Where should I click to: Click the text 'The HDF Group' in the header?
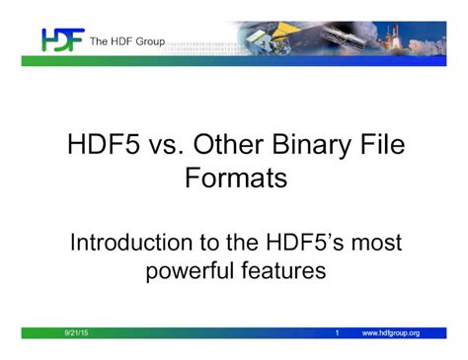coord(127,41)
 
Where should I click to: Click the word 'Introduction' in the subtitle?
coord(129,242)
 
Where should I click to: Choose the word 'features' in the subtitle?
coord(282,269)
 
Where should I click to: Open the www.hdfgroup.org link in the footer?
coord(391,333)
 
